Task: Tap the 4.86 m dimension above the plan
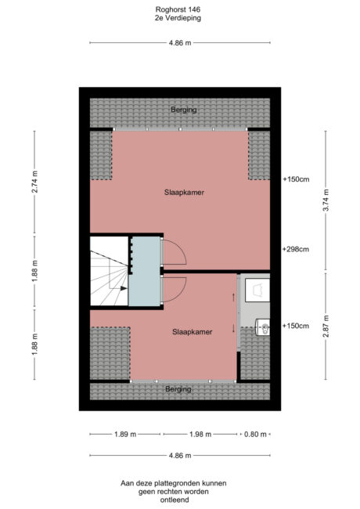(x=179, y=43)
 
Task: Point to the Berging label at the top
(x=183, y=110)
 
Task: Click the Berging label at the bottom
(x=178, y=388)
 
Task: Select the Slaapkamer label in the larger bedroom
(x=185, y=192)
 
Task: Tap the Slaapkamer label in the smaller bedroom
(x=193, y=331)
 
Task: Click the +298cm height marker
(x=296, y=250)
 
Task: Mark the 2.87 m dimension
(x=325, y=324)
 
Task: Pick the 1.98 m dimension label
(x=200, y=434)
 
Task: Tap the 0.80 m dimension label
(x=254, y=434)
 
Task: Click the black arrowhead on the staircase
(x=124, y=288)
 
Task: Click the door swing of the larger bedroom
(x=174, y=252)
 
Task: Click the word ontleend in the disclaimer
(x=178, y=500)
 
